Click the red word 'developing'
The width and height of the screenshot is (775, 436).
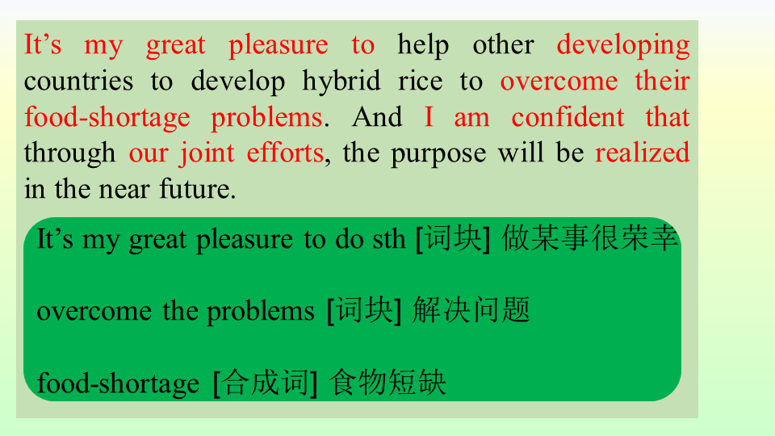[x=623, y=45]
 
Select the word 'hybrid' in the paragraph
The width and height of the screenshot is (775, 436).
[x=341, y=82]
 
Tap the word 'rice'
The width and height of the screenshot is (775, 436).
[x=420, y=81]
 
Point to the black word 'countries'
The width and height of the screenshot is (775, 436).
[x=78, y=81]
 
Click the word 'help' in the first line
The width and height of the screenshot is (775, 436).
[x=424, y=45]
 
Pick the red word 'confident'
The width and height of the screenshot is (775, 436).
[x=568, y=117]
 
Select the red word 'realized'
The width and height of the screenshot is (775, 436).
[x=642, y=153]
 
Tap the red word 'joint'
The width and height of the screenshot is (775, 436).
[x=207, y=153]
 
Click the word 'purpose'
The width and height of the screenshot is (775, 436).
[x=438, y=153]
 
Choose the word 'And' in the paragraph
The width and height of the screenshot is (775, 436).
[x=377, y=117]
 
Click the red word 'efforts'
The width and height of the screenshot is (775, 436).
[x=285, y=153]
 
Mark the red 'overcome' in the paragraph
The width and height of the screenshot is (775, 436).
[x=559, y=82]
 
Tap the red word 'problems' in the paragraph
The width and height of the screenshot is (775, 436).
[x=267, y=118]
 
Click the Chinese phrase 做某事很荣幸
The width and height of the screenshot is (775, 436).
[x=589, y=238]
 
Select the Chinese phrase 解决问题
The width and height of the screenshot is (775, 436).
[x=471, y=310]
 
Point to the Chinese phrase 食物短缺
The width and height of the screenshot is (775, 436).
[x=387, y=382]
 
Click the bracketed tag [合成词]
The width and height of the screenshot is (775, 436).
[x=265, y=383]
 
